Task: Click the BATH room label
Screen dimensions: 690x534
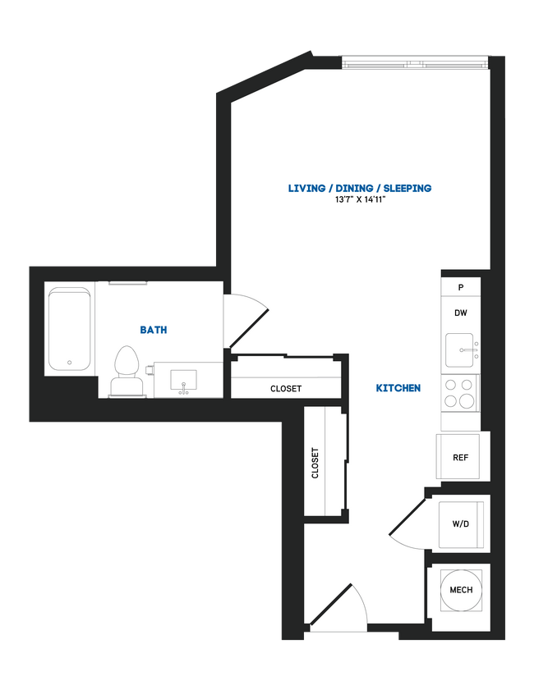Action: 154,330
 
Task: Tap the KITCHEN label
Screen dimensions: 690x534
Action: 398,388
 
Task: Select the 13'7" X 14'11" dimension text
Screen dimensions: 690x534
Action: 360,200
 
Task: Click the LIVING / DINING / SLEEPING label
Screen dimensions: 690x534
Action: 360,188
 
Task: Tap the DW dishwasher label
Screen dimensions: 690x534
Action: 461,313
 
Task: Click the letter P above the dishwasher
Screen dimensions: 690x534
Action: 461,287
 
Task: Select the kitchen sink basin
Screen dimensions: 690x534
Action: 458,351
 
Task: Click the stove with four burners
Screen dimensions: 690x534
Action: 460,392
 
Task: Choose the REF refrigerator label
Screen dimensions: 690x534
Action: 461,458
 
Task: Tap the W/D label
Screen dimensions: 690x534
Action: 461,524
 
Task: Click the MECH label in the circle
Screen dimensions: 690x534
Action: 461,590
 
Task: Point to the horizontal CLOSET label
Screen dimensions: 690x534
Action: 286,389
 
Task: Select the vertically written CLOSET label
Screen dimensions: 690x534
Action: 315,463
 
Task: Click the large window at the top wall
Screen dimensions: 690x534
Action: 415,62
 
